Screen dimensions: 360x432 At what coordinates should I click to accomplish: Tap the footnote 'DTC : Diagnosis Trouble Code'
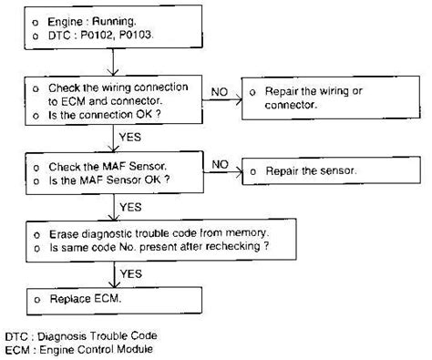[82, 335]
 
